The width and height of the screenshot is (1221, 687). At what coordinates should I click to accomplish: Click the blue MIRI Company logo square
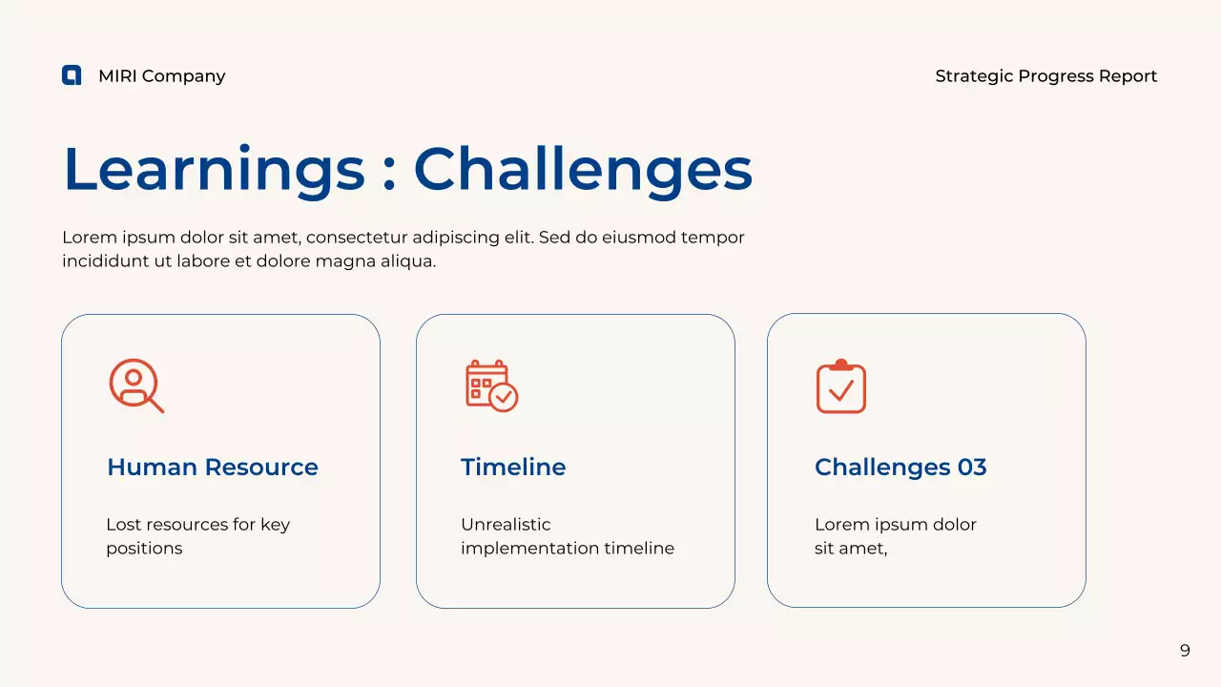(72, 75)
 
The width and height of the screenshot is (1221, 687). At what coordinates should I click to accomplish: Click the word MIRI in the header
(117, 75)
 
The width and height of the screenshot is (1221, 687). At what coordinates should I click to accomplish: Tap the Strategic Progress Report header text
(1045, 76)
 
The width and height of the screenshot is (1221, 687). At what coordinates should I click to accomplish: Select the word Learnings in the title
(215, 170)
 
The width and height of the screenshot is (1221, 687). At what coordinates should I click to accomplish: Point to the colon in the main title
(388, 176)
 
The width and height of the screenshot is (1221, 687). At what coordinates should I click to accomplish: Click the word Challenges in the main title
(583, 170)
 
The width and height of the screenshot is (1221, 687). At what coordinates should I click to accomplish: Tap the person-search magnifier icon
(136, 385)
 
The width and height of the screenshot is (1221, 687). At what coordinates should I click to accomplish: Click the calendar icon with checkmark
(491, 385)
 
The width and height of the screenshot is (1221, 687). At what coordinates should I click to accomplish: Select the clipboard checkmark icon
(841, 385)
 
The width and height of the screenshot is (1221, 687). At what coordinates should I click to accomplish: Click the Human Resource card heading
(213, 468)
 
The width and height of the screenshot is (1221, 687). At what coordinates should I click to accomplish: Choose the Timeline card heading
(513, 468)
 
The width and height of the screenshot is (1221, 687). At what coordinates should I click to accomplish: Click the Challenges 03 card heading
(900, 468)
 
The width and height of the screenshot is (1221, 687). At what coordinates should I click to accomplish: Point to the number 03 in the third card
(972, 468)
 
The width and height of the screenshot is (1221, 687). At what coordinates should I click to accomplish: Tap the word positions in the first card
(144, 549)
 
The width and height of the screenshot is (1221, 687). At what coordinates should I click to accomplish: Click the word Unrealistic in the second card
(506, 525)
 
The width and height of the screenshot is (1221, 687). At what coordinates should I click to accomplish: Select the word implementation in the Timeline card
(528, 549)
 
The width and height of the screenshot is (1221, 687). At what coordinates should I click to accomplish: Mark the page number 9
(1185, 651)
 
